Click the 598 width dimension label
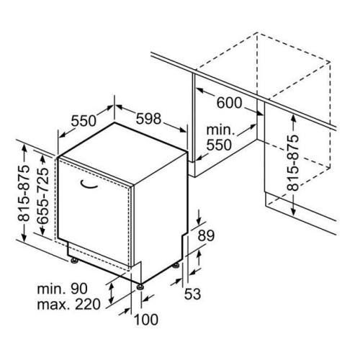tap(148, 119)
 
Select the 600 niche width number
tap(229, 103)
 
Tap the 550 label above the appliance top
tap(84, 120)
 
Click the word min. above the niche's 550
tap(220, 130)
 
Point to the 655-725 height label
tap(43, 196)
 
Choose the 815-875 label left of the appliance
tap(24, 193)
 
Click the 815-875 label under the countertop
tap(293, 163)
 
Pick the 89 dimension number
tap(206, 235)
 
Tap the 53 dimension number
tap(192, 294)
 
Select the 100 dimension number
tap(146, 320)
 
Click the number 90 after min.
tap(79, 289)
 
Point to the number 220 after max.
tap(88, 305)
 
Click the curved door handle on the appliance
tap(89, 184)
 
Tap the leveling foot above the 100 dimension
tap(140, 287)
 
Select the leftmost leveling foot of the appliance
tap(73, 261)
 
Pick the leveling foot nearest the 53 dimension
tap(176, 265)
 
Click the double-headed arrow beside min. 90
tap(111, 293)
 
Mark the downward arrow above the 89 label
tap(199, 217)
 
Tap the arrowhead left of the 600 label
tap(200, 91)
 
